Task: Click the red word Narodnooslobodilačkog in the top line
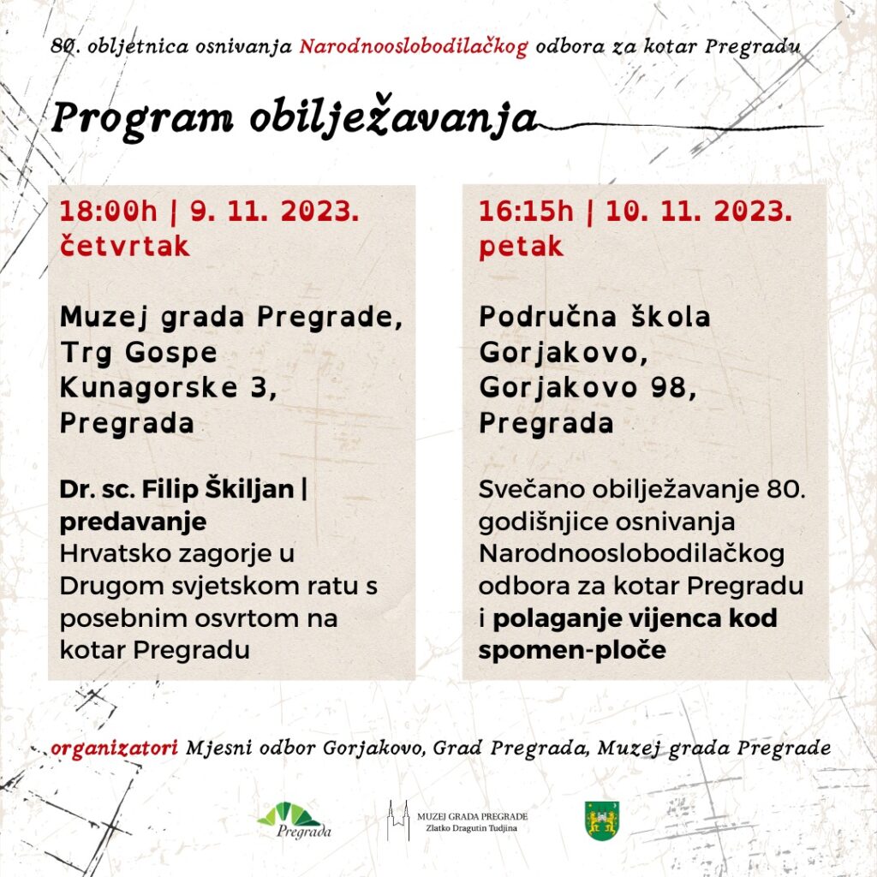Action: (x=414, y=46)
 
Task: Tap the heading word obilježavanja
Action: (x=393, y=119)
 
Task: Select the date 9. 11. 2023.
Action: (x=275, y=212)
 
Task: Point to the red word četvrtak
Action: (x=125, y=247)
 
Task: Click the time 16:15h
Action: (x=527, y=212)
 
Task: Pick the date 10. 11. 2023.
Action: (x=699, y=212)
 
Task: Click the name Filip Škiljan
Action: (x=218, y=489)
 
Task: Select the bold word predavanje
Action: (x=133, y=522)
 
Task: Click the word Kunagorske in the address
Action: (x=149, y=388)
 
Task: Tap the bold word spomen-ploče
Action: (x=572, y=650)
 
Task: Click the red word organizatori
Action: (x=114, y=749)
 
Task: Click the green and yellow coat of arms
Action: (x=602, y=820)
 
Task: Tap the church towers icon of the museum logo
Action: (x=398, y=820)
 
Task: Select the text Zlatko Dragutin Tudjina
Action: (x=472, y=828)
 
